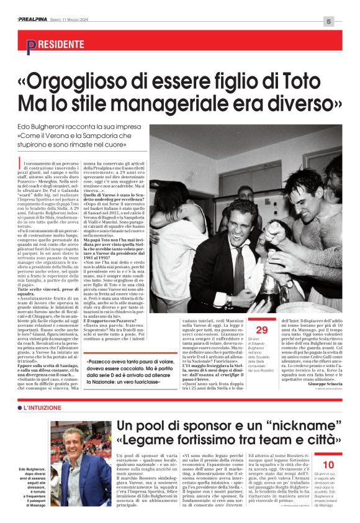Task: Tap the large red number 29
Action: [262, 329]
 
